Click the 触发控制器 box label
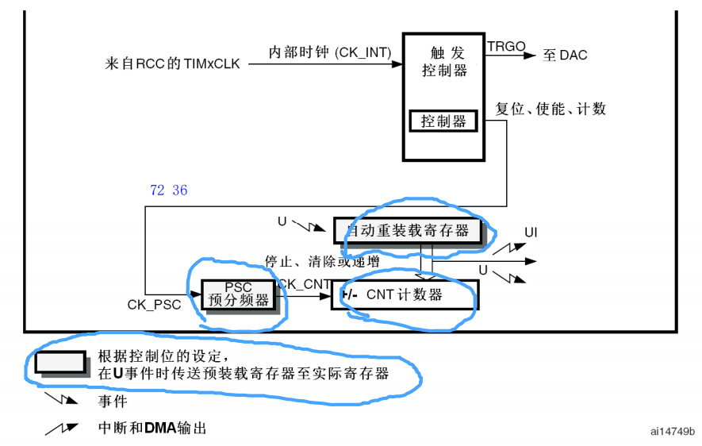(443, 61)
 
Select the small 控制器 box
(443, 121)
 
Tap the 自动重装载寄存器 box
(408, 230)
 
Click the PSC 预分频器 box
(238, 294)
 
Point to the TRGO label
(506, 47)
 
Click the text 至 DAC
(565, 56)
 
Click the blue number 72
(156, 190)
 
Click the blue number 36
(179, 190)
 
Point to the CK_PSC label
(154, 304)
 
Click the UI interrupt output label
(531, 233)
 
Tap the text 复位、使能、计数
(550, 109)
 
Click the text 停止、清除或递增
(321, 260)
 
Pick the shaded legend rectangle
(60, 361)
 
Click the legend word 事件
(113, 401)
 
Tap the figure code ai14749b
(672, 431)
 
